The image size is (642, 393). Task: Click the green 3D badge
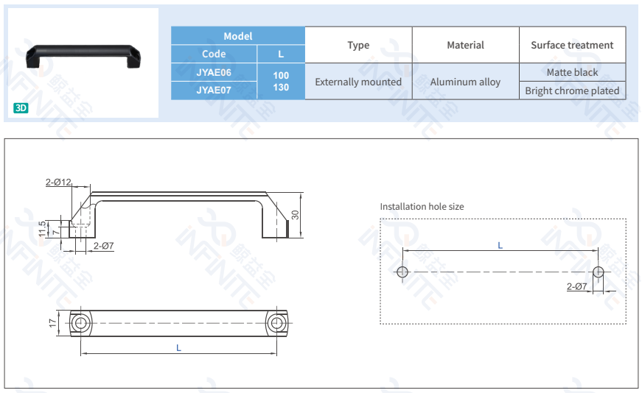click(21, 108)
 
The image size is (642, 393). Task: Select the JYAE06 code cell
click(214, 72)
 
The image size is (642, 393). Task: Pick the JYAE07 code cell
click(214, 91)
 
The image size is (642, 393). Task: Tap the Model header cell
click(238, 36)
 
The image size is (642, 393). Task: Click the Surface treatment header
click(572, 45)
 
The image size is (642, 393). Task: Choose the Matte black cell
click(572, 72)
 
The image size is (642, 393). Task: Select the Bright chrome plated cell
click(572, 91)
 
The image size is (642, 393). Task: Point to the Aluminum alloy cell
click(465, 82)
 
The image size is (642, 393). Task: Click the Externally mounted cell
click(358, 82)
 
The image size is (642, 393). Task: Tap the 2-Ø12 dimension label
click(58, 182)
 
